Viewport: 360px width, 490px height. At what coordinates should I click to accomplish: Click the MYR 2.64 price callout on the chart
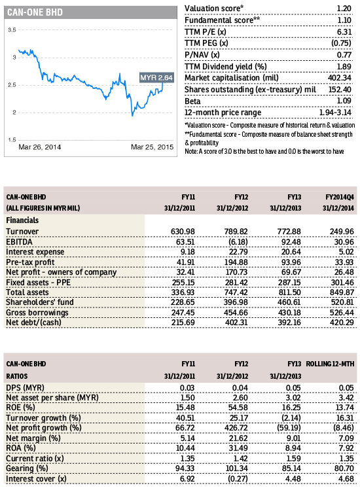coord(156,77)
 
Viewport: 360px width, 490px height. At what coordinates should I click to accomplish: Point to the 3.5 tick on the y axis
coord(12,30)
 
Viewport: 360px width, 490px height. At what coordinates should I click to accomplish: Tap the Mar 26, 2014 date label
coord(40,147)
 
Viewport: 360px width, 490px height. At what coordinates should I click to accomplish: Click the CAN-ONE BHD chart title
coord(35,12)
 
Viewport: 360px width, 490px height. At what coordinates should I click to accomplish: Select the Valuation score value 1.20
coord(344,9)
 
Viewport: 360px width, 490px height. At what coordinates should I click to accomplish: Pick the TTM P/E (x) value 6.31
coord(344,32)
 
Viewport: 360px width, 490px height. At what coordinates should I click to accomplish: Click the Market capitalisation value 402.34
coord(340,78)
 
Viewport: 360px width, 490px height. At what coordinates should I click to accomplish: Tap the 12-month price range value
coord(335,113)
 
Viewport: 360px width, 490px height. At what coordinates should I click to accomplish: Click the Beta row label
coord(192,101)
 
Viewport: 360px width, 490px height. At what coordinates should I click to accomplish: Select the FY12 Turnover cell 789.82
coord(236,232)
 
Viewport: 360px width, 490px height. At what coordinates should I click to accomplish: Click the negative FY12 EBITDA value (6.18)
coord(238,242)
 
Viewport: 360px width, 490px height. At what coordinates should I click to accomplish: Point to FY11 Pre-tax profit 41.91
coord(185,262)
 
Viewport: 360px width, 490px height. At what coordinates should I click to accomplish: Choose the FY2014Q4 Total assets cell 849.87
coord(342,292)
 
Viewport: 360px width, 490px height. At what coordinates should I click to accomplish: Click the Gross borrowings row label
coord(37,313)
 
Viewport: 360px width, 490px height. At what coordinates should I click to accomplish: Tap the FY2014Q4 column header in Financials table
coord(340,197)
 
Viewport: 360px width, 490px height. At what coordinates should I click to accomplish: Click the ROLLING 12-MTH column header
coord(330,364)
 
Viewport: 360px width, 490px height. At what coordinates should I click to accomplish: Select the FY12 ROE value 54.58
coord(238,408)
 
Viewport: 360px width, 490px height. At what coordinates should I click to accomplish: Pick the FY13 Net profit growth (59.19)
coord(289,428)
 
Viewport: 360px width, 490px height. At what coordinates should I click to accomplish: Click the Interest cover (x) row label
coord(36,479)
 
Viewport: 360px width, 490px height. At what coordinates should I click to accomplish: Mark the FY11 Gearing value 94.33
coord(185,468)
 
